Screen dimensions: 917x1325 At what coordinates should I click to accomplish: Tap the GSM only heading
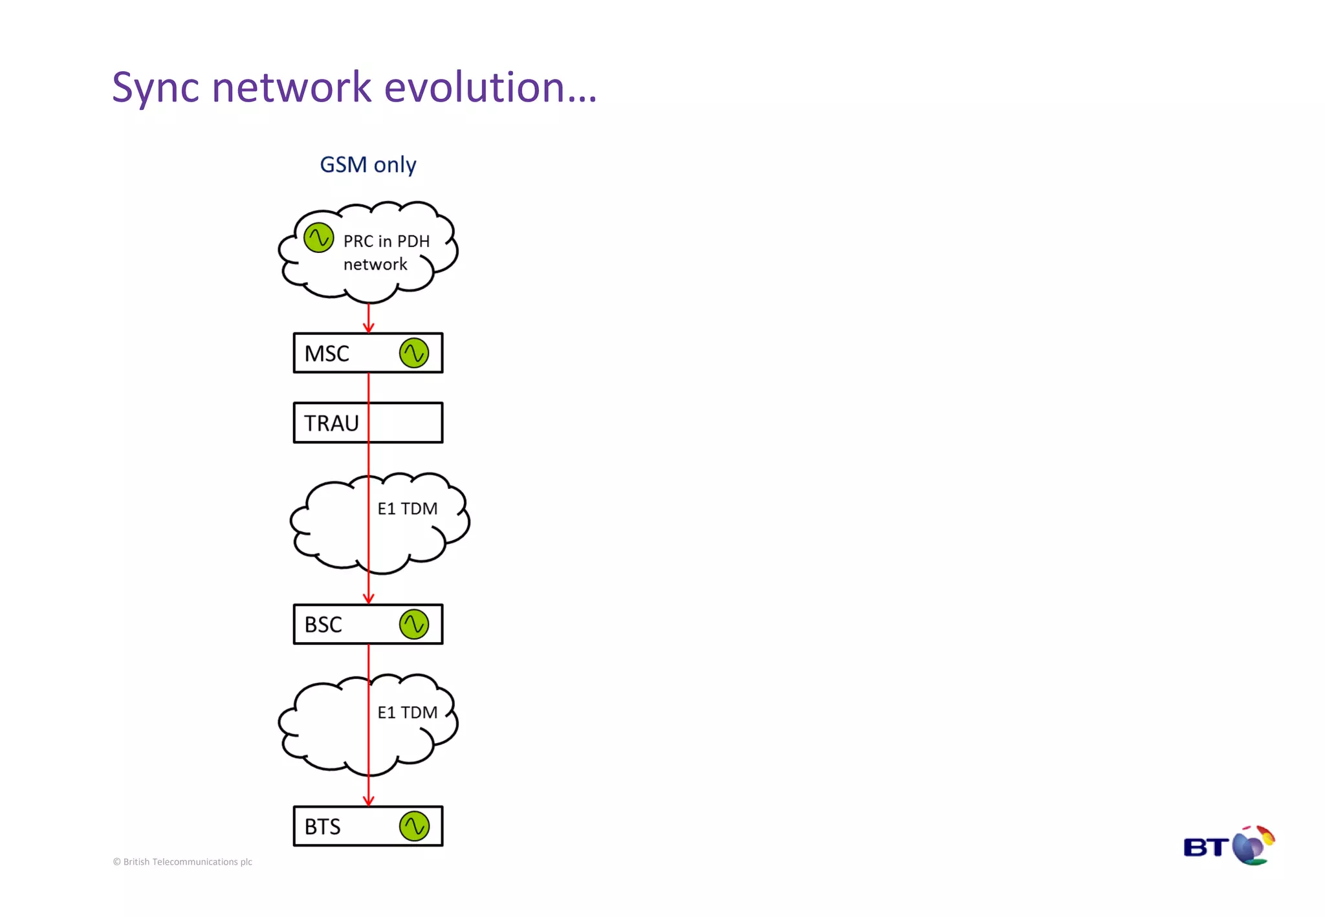(368, 165)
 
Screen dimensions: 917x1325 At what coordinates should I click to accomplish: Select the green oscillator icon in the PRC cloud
(318, 238)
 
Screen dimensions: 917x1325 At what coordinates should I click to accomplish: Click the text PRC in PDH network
(386, 252)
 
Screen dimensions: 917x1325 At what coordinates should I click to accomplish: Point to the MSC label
(327, 354)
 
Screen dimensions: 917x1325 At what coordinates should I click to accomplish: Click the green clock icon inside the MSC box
(414, 353)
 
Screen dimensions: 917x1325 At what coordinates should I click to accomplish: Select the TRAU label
(331, 424)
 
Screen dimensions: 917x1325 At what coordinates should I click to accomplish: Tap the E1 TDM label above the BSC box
(408, 509)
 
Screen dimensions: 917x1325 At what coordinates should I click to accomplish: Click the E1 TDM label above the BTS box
(408, 713)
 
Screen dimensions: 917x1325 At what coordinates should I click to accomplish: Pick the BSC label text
(323, 625)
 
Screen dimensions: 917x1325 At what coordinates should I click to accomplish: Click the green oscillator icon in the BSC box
(414, 625)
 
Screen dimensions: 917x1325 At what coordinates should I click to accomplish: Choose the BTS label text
(322, 827)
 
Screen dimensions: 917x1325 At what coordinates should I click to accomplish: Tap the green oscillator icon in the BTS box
(414, 826)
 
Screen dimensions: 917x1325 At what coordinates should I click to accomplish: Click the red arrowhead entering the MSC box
(369, 327)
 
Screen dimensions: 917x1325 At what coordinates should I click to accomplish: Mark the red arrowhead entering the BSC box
(369, 598)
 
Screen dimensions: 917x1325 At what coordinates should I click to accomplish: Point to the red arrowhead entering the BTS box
(369, 801)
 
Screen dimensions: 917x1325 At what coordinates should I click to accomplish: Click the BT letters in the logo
(1206, 847)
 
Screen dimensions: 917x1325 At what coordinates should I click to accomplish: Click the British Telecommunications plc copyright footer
(182, 862)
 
